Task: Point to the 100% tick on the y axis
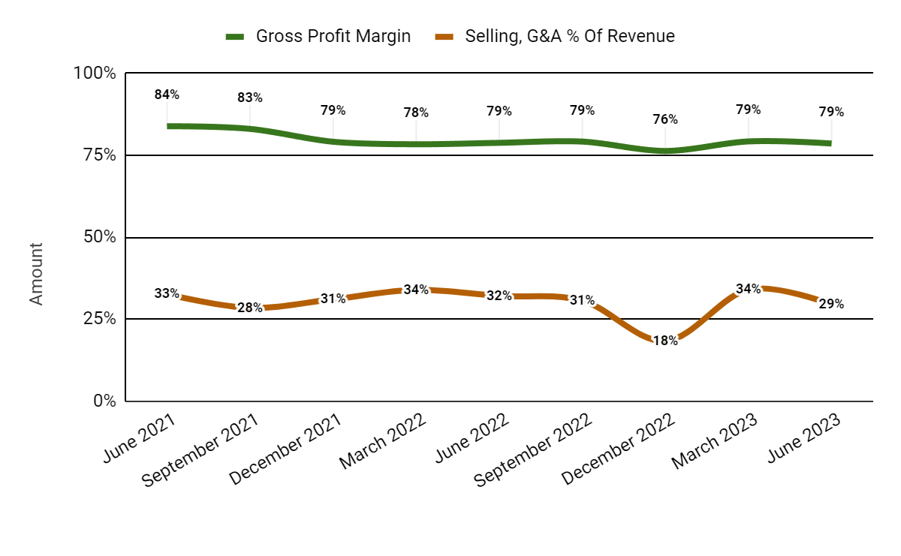(x=94, y=74)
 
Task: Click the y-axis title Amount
(x=36, y=273)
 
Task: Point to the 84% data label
(x=167, y=95)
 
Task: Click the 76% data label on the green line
(x=665, y=119)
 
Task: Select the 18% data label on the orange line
(x=665, y=340)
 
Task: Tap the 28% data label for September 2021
(x=250, y=308)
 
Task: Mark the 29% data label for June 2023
(x=831, y=304)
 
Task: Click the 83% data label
(x=250, y=98)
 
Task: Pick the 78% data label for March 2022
(x=416, y=113)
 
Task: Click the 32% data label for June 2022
(x=499, y=296)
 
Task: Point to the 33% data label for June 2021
(x=167, y=293)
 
